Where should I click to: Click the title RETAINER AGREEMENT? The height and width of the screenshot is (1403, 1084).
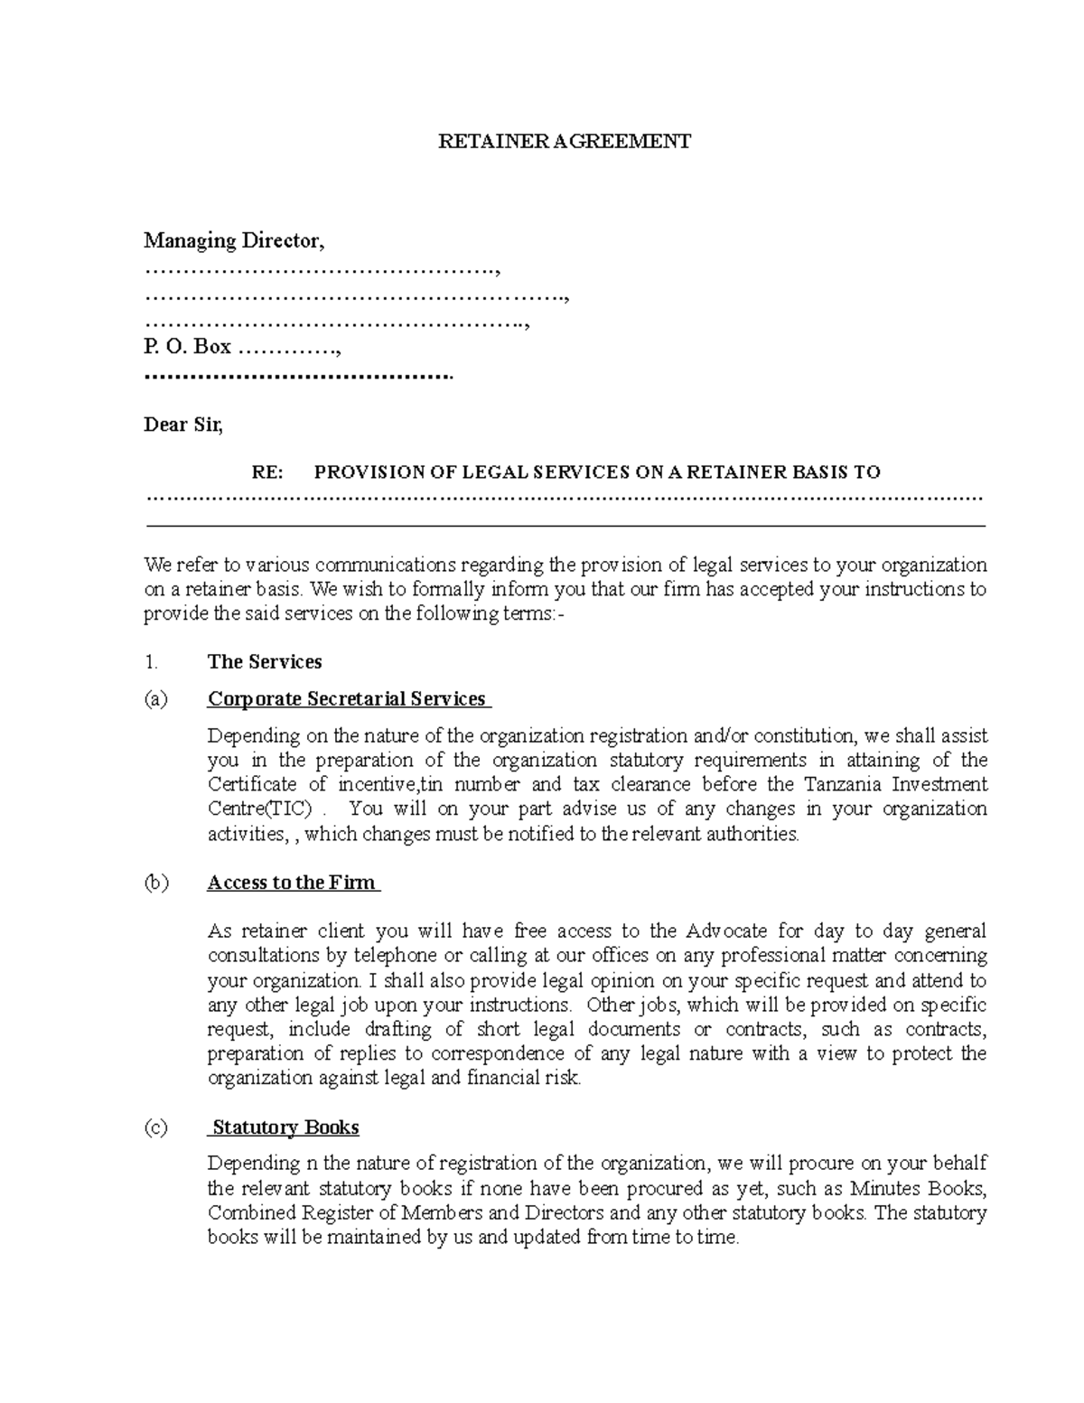(564, 141)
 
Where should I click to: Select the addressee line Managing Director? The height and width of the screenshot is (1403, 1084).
(233, 241)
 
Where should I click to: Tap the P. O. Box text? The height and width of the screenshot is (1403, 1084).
(187, 347)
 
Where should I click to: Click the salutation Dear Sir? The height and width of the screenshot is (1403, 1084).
(182, 425)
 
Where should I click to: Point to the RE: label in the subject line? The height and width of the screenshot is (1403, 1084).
(267, 472)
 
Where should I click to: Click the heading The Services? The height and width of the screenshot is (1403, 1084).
(265, 662)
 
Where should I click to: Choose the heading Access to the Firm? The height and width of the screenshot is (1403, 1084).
(292, 883)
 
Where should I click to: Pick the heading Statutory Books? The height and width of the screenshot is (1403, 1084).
(285, 1127)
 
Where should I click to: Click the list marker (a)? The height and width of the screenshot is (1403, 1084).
(155, 699)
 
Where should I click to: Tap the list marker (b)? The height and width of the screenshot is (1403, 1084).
(156, 883)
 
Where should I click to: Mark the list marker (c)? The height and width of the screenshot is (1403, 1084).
(155, 1127)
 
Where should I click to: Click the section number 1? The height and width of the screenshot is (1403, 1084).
(151, 662)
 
